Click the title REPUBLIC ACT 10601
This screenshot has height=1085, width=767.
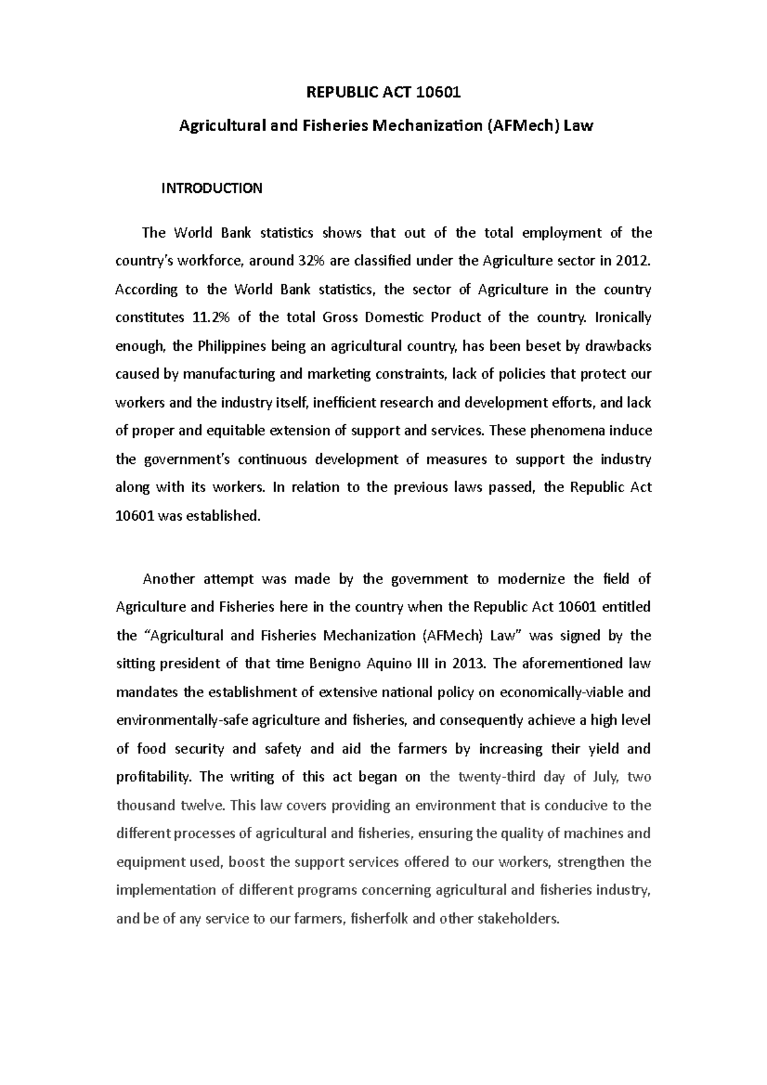383,93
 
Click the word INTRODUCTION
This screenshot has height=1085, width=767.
212,188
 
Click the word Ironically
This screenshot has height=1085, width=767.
623,318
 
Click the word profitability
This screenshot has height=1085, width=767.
153,777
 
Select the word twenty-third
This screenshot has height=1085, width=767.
496,777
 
